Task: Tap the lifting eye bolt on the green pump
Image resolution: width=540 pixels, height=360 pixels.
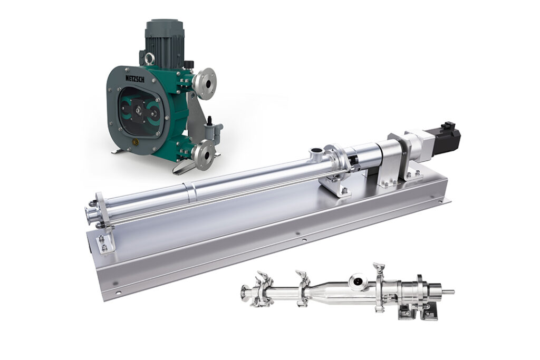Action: click(x=149, y=59)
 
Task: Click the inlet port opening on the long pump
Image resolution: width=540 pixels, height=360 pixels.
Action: click(x=316, y=151)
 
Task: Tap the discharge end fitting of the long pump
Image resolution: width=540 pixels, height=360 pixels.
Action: click(x=91, y=214)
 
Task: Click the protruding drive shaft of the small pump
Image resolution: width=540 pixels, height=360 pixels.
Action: click(x=448, y=292)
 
